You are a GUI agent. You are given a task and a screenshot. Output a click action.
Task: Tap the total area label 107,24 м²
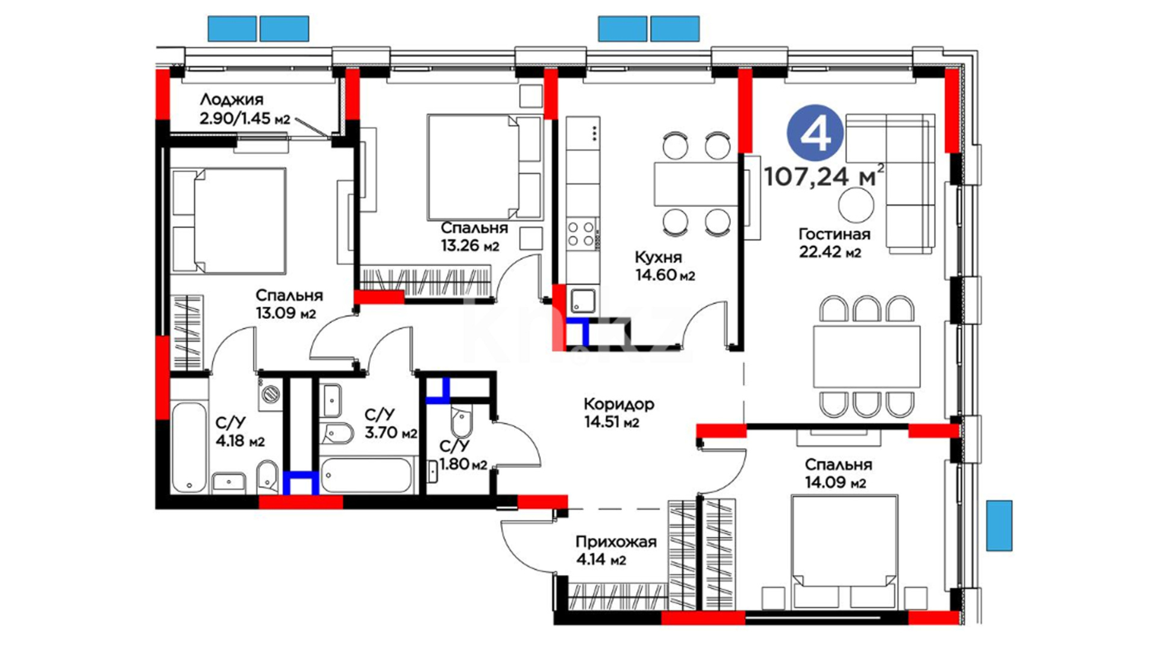coord(824,175)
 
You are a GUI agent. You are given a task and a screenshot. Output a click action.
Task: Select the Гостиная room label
coord(834,234)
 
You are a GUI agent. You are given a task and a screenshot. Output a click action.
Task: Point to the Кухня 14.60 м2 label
coord(665,266)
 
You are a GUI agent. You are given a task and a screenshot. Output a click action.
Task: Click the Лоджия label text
coord(231,99)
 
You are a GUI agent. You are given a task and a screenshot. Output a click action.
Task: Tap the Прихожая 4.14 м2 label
coord(616,551)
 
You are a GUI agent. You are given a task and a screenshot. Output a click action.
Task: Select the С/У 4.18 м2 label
coord(240,432)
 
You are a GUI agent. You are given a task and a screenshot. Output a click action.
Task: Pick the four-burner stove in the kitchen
coord(582,234)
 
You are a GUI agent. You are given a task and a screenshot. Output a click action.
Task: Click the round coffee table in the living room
coord(856,204)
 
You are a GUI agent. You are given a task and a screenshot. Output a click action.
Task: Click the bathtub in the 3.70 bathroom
coord(366,476)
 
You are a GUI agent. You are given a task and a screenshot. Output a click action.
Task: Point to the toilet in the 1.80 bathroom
coord(461,422)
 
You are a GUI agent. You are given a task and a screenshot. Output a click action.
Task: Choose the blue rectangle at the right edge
coord(999,525)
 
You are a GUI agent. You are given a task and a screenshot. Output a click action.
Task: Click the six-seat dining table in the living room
coord(867,356)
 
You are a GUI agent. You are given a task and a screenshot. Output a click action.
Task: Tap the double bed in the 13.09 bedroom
coord(229,221)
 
